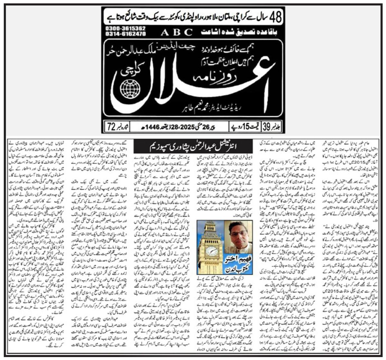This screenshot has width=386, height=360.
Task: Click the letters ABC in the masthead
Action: [177, 32]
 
